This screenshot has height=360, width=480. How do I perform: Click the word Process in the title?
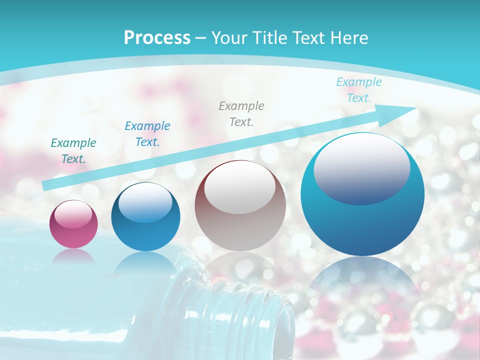157,38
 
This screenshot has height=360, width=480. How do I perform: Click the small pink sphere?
73,224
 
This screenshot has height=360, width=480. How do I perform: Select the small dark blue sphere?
145,216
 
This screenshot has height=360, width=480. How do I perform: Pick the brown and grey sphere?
240,206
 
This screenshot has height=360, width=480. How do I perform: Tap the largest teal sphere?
362,194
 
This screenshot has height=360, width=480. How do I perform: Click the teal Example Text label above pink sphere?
73,151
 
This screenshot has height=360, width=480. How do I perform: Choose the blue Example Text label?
147,134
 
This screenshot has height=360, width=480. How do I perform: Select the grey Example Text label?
241,114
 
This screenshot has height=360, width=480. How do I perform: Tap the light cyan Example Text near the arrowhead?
359,90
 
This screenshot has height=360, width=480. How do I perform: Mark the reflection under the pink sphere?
73,256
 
